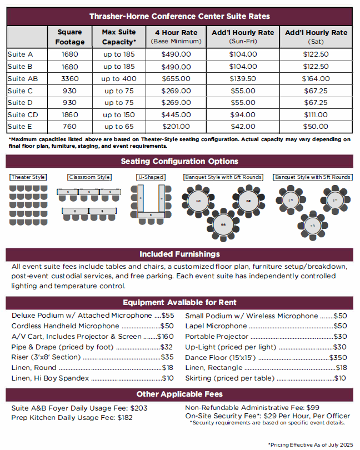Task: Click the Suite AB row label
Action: click(23, 79)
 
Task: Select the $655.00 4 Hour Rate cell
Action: click(176, 79)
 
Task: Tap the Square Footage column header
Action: click(70, 37)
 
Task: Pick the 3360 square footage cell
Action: click(70, 79)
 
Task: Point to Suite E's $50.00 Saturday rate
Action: click(316, 127)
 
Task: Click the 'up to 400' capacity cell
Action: click(118, 79)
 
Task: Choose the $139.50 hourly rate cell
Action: click(243, 79)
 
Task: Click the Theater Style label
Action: click(28, 177)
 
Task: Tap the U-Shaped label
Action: click(151, 177)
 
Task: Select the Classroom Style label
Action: click(89, 177)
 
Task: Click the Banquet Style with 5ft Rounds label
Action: click(313, 177)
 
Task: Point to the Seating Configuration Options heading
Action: click(179, 162)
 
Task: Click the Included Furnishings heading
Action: click(179, 254)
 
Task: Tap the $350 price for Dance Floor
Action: click(338, 357)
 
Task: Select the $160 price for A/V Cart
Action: click(166, 337)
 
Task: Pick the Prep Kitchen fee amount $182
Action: click(125, 418)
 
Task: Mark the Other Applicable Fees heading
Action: click(179, 394)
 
